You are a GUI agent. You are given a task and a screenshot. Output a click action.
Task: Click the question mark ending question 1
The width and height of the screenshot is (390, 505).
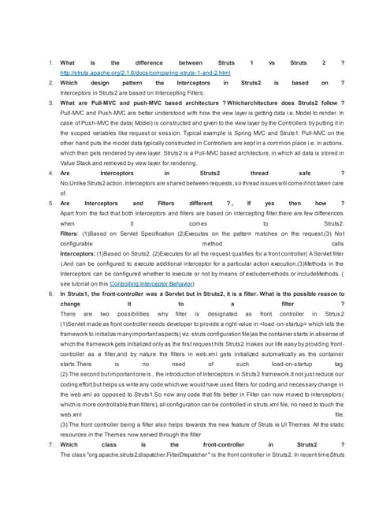(x=342, y=62)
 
